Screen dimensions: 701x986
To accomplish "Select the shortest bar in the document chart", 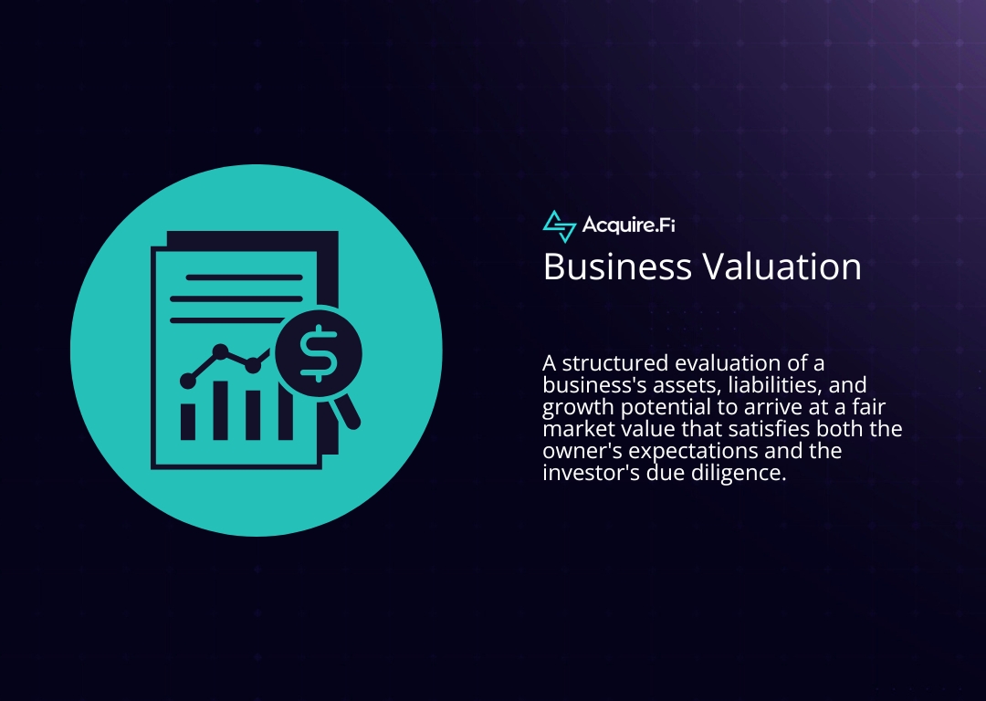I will click(x=188, y=421).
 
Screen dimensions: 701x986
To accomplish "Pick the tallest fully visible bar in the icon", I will click(x=220, y=410).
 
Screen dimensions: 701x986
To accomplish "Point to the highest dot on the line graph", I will click(x=220, y=350).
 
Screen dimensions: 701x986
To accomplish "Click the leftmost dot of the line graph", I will click(x=188, y=380).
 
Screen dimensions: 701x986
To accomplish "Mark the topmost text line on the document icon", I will click(x=244, y=277).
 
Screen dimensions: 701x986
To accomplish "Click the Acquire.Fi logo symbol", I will click(x=559, y=225).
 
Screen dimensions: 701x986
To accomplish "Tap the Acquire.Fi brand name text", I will click(x=628, y=225).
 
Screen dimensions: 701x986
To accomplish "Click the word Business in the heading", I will click(x=616, y=267).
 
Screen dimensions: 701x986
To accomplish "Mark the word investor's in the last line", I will click(x=585, y=474).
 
